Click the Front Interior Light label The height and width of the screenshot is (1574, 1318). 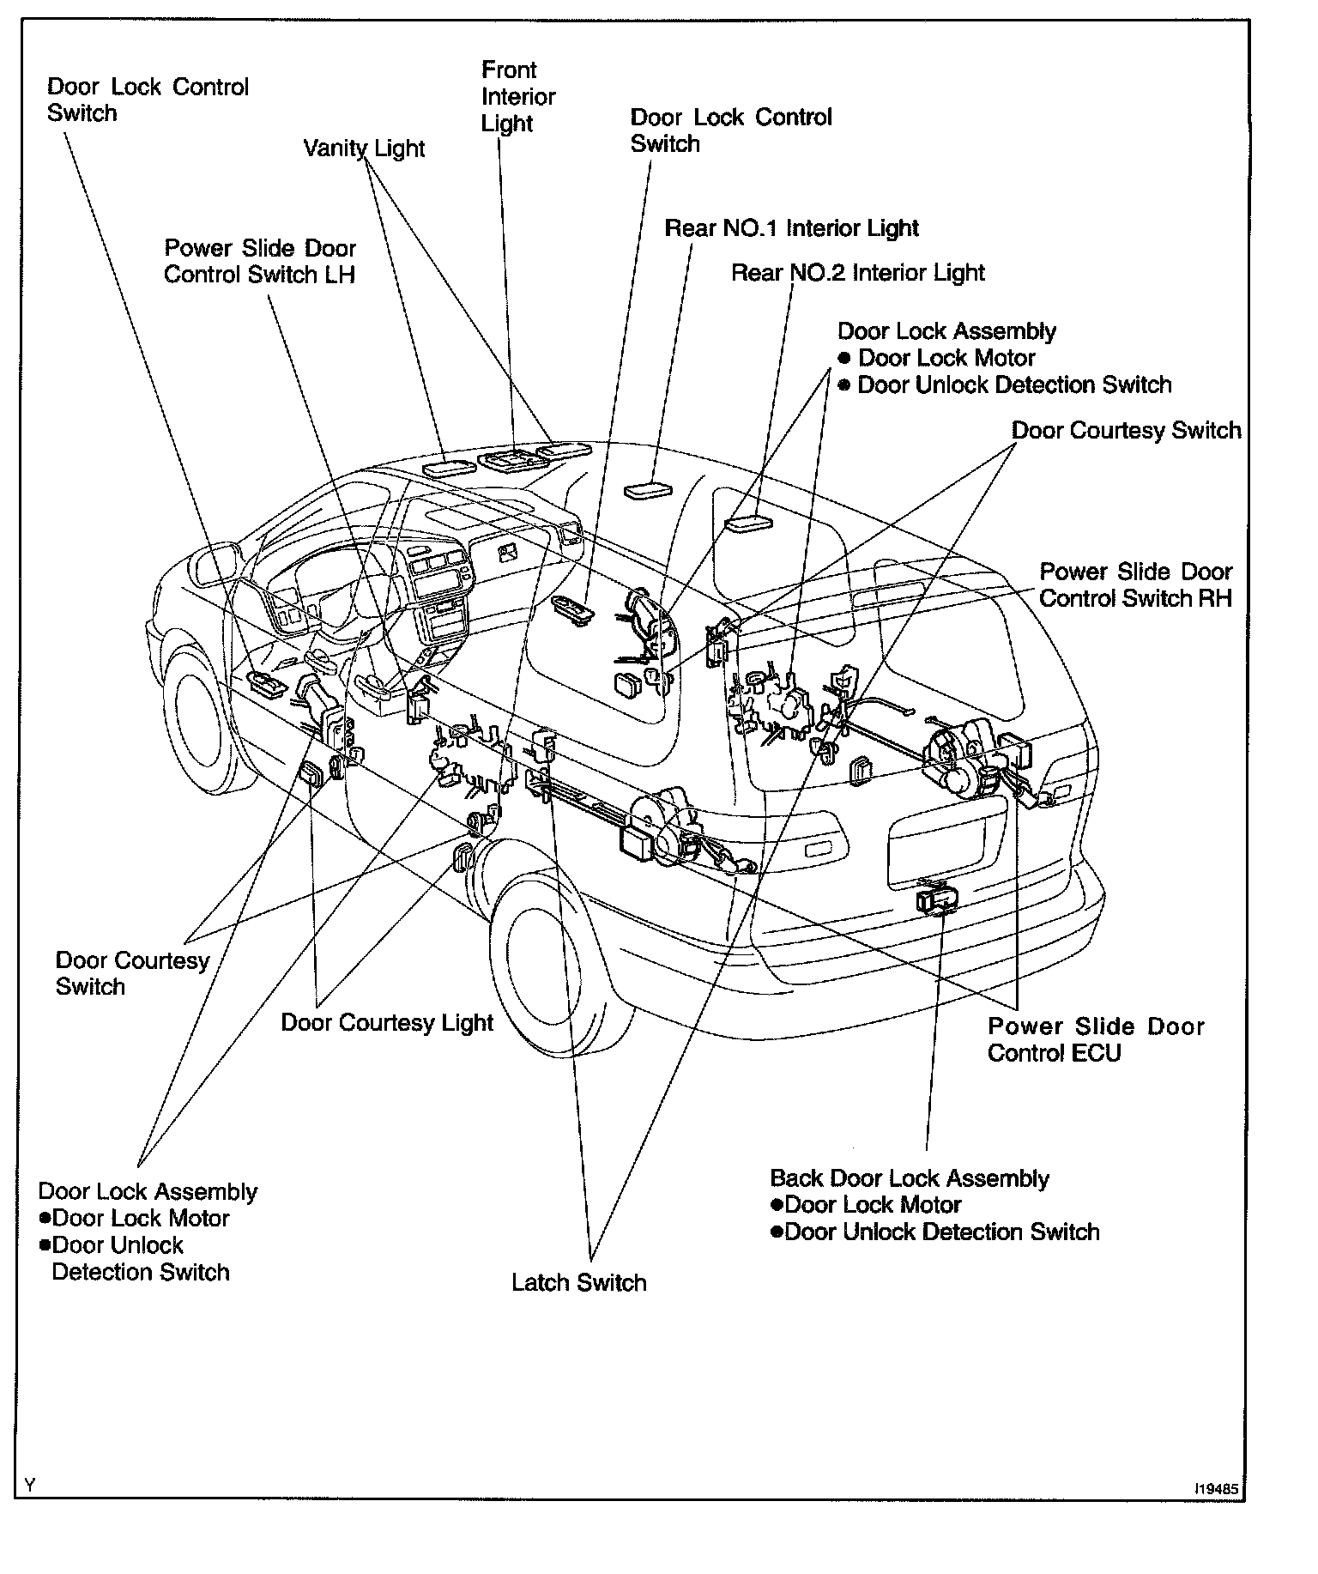(x=517, y=96)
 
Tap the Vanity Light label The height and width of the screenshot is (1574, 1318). (x=364, y=148)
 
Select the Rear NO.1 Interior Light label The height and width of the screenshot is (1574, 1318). (x=791, y=228)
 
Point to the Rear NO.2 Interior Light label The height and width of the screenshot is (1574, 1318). (x=857, y=273)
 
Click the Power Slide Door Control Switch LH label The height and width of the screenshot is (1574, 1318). (x=260, y=261)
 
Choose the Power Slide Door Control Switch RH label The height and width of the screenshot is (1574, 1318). (x=1135, y=585)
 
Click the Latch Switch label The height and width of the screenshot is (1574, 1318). (x=578, y=1282)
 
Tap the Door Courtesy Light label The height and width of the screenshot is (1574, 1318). (x=387, y=1022)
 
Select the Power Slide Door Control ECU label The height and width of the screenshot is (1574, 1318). (x=1096, y=1039)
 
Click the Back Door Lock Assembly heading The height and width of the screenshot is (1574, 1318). (x=909, y=1178)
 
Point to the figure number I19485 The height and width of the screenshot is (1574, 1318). (x=1216, y=1491)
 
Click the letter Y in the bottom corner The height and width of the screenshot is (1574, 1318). (x=30, y=1486)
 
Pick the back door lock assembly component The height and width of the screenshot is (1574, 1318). (x=938, y=899)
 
